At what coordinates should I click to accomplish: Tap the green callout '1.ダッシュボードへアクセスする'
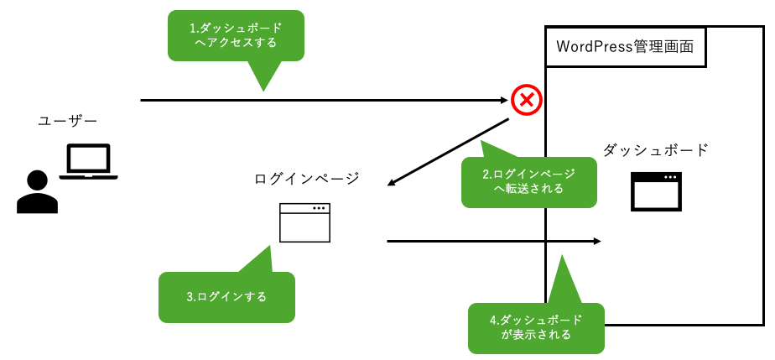point(236,35)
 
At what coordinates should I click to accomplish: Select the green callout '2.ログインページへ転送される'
point(528,181)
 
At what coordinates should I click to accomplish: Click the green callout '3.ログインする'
point(226,297)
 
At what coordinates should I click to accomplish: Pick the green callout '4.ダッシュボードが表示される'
point(535,327)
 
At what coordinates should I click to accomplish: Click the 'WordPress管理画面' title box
point(625,47)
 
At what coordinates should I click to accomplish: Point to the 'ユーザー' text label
point(62,122)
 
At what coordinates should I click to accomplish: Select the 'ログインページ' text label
point(306,178)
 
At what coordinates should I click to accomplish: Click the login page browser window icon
point(304,222)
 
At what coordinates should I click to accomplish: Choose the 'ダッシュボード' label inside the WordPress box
point(655,151)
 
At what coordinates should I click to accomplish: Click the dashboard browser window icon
point(656,192)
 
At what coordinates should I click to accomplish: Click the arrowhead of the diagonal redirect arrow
point(393,184)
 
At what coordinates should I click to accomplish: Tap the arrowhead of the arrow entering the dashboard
point(597,242)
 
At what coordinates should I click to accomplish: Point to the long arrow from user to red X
point(319,101)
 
